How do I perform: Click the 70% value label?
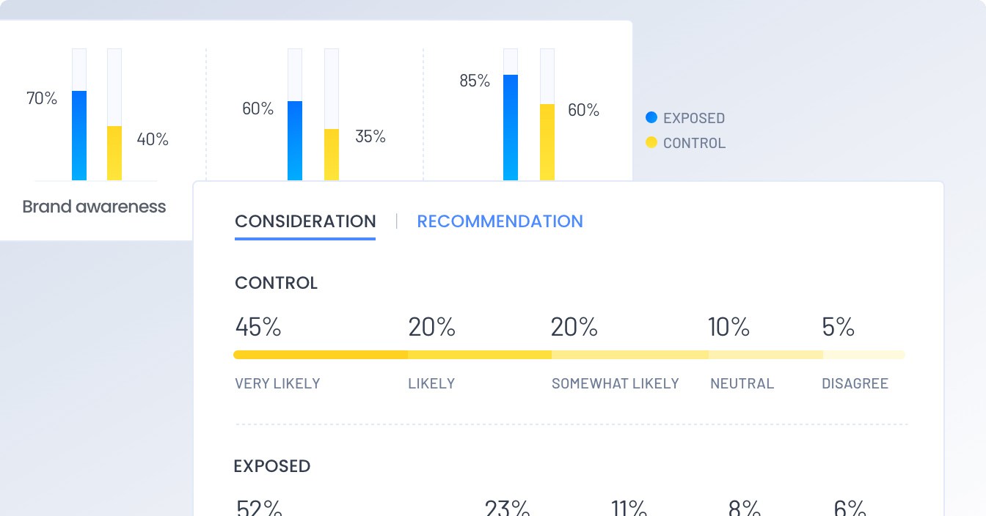coord(42,98)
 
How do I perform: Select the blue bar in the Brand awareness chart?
coord(79,136)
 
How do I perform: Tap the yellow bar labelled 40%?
coord(114,153)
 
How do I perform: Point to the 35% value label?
coord(370,136)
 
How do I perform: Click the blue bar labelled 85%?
coord(511,127)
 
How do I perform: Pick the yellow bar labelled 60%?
coord(547,141)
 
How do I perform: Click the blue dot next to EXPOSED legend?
coord(651,117)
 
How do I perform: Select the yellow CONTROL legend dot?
coord(651,142)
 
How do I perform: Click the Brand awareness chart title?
coord(94,207)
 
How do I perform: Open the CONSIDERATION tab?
coord(305,221)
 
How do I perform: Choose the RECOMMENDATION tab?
coord(500,221)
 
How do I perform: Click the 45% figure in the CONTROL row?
coord(258,327)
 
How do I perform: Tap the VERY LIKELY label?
coord(277,383)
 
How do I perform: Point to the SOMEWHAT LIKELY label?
coord(615,383)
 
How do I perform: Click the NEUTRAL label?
coord(742,383)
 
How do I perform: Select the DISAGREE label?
coord(855,383)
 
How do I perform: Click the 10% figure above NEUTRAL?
coord(728,327)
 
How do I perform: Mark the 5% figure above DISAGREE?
coord(838,327)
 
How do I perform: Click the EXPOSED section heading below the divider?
coord(272,466)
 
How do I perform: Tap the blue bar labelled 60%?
coord(295,141)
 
